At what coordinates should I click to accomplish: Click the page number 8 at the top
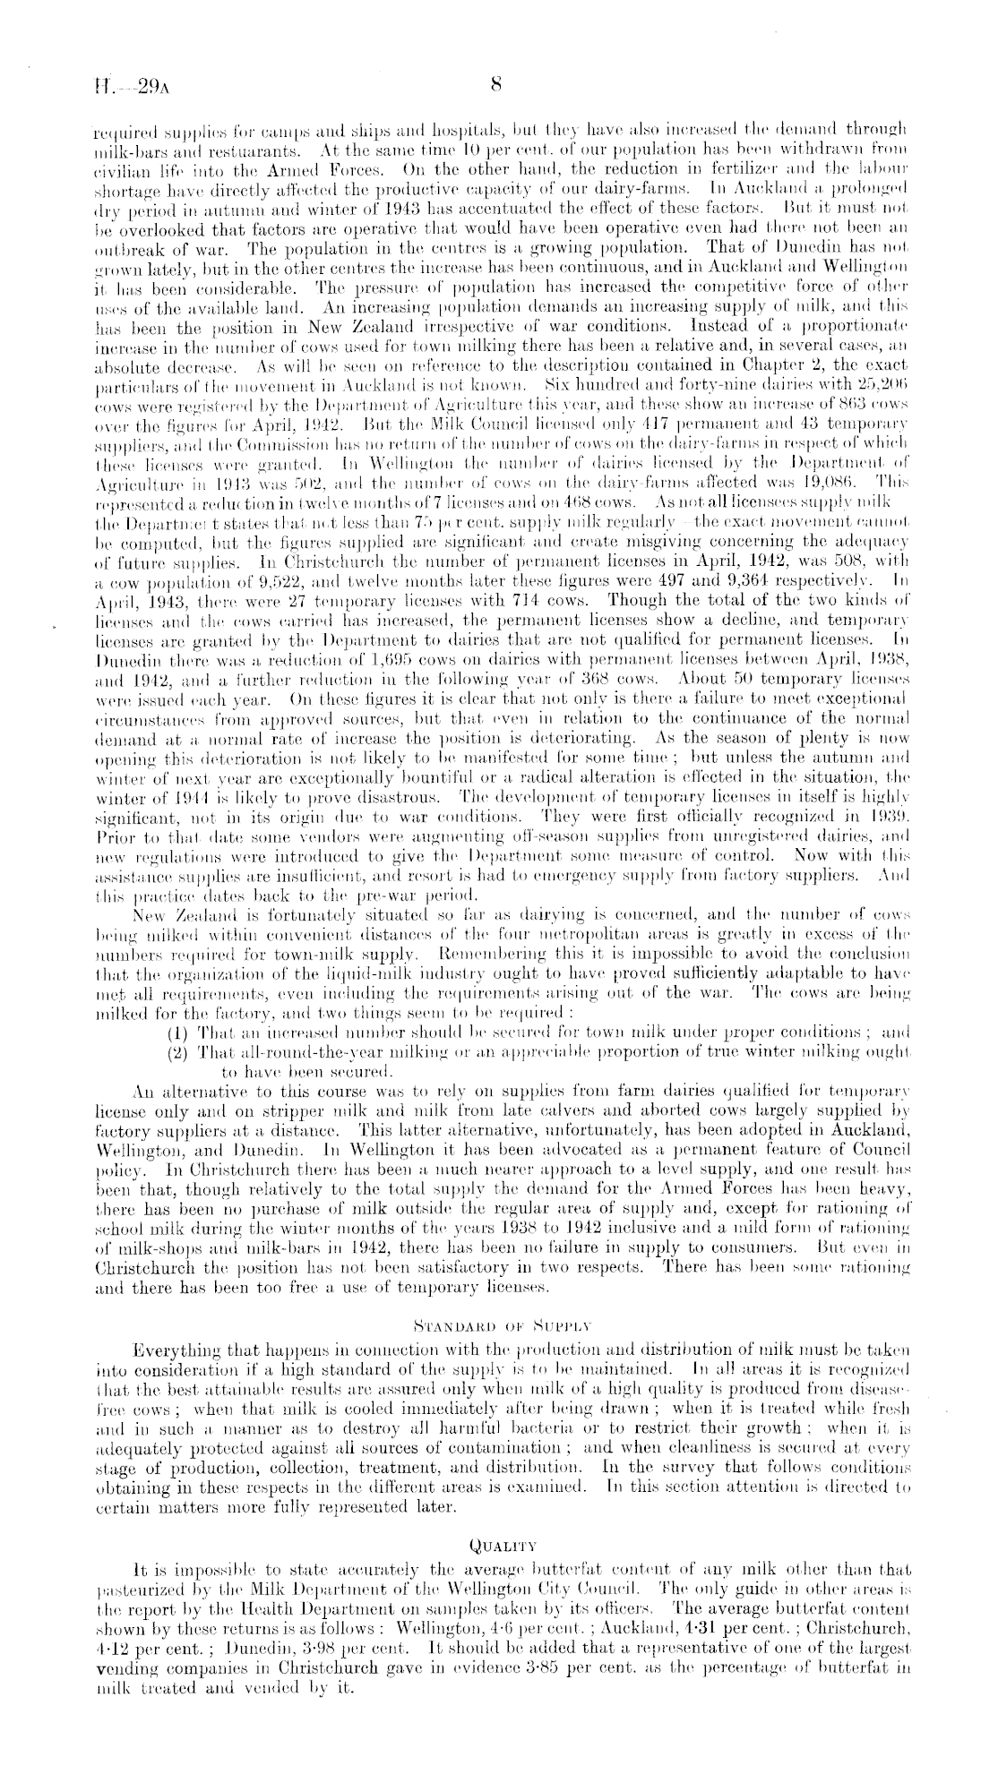(495, 86)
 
